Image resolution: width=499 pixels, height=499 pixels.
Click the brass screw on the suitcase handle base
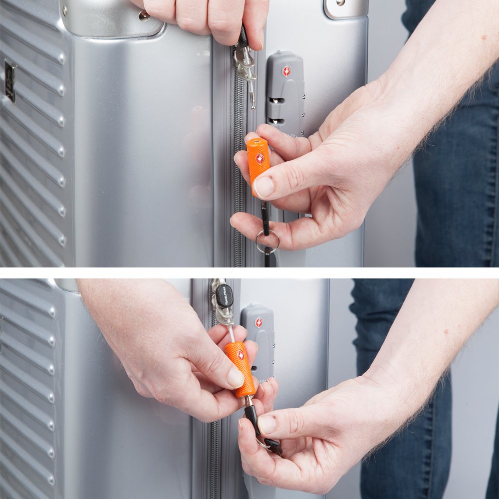(144, 15)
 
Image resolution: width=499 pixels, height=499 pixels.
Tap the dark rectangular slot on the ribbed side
(9, 81)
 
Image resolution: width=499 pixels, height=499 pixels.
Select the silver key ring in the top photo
(267, 241)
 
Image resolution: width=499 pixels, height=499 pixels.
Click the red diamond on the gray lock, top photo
(286, 71)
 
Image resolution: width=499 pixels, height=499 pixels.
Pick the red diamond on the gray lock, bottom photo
(258, 322)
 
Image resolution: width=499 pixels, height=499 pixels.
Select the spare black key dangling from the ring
(273, 445)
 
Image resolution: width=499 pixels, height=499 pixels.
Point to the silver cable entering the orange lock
(232, 333)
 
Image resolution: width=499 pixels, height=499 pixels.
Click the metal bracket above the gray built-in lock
(346, 7)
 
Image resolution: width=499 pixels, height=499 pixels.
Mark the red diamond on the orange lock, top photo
(259, 159)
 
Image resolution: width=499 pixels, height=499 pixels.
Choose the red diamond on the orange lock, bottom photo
(241, 355)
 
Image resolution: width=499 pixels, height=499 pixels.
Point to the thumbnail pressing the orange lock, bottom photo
(235, 378)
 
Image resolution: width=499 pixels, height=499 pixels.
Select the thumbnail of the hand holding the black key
(266, 425)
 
